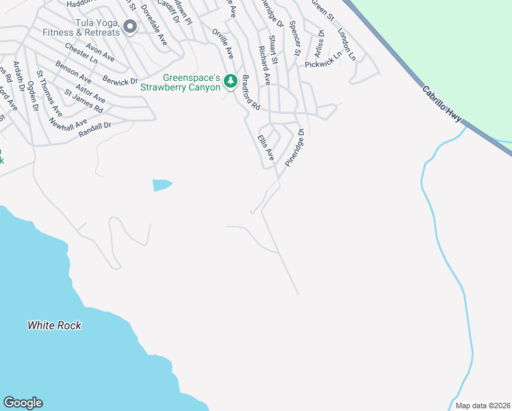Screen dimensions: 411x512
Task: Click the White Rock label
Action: [54, 325]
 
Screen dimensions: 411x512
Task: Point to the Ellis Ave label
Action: [266, 147]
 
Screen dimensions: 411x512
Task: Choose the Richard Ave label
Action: [264, 66]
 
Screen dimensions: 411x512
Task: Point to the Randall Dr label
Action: [94, 127]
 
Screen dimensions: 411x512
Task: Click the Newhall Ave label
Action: [68, 124]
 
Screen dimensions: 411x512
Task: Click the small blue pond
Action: [162, 185]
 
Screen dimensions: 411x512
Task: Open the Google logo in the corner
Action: [23, 403]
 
